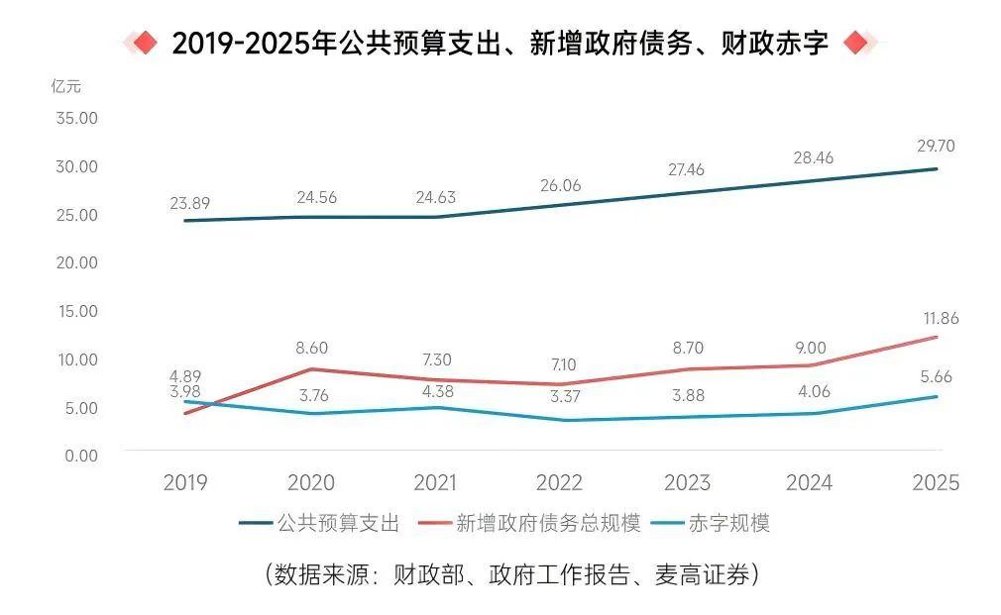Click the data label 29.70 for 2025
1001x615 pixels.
coord(936,146)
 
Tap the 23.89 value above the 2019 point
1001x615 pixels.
coord(189,204)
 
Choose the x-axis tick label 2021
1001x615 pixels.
coord(435,482)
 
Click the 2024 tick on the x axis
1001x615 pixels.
coord(809,482)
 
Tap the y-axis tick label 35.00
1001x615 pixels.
coord(75,118)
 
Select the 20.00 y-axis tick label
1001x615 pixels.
coord(75,262)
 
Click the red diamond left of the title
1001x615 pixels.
coord(145,43)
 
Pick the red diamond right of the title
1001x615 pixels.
coord(855,43)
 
